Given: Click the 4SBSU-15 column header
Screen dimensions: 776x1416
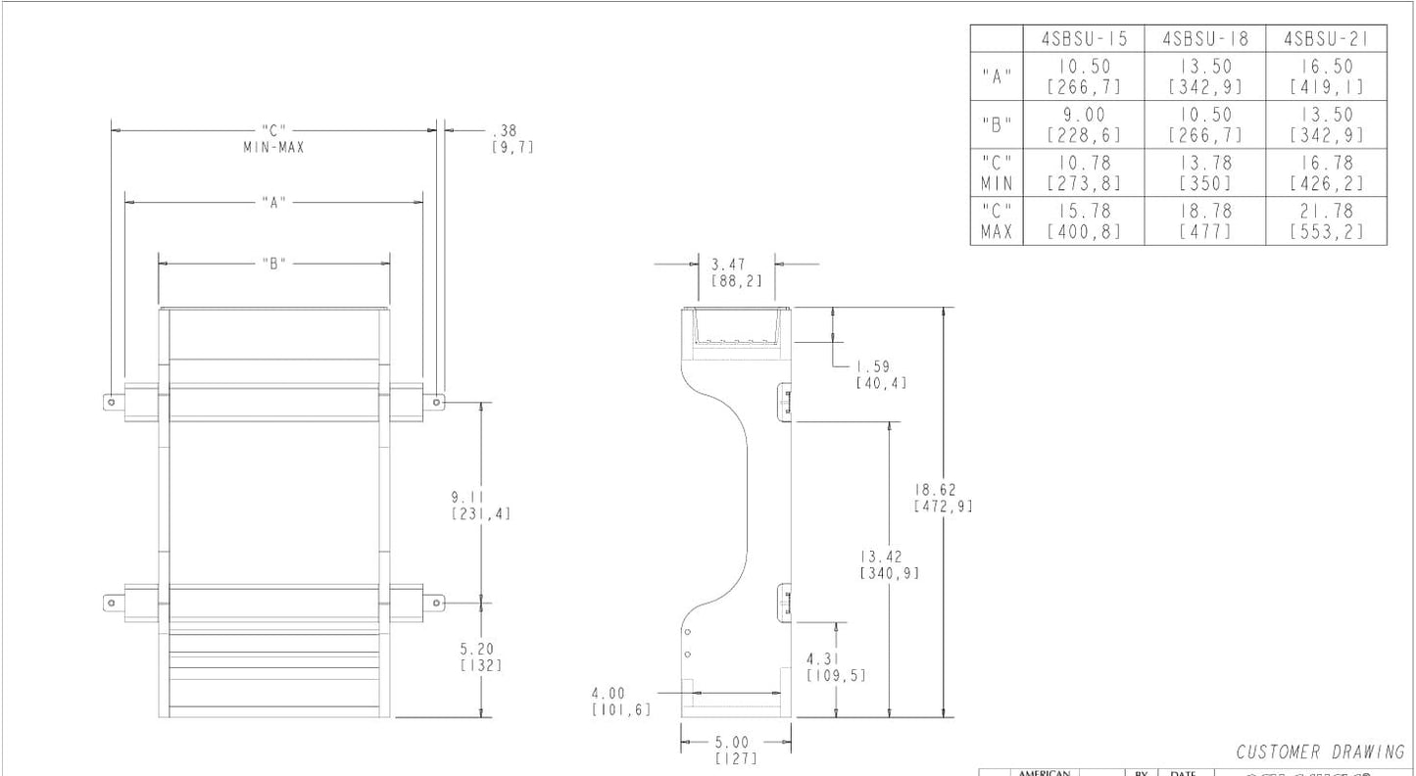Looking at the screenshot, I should click(1085, 39).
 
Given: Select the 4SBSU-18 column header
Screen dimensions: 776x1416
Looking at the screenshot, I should click(1204, 39).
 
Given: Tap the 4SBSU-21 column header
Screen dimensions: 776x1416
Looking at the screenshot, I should click(1327, 39).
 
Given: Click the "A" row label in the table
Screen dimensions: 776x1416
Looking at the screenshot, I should click(996, 76).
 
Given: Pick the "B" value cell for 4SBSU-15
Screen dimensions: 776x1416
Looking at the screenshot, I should click(1085, 124).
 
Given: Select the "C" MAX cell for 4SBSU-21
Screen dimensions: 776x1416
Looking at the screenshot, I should click(1327, 220).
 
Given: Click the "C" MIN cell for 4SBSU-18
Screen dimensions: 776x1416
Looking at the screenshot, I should click(1204, 172).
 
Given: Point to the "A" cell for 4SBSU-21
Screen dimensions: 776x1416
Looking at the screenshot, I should click(1327, 76).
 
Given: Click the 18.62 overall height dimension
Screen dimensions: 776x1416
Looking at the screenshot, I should click(943, 498).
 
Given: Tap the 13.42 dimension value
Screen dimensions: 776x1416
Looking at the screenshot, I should click(889, 564).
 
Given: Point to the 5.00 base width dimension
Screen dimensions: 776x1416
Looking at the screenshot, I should click(736, 750).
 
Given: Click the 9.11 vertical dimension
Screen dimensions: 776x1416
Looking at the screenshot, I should click(481, 505).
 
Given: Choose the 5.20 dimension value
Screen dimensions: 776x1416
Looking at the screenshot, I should click(481, 656).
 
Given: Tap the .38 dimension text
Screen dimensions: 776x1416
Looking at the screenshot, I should click(513, 138).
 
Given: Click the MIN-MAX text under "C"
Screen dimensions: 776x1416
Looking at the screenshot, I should click(274, 147).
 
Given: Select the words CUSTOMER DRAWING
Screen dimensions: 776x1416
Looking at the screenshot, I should click(1320, 752).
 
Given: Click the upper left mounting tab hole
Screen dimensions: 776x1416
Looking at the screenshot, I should click(113, 401).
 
